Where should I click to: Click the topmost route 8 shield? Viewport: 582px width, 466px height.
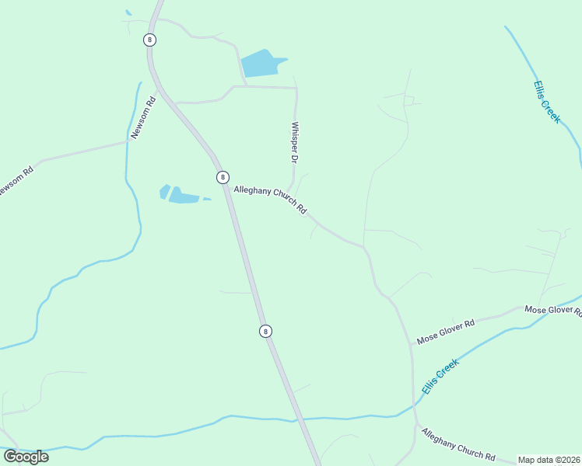tap(149, 40)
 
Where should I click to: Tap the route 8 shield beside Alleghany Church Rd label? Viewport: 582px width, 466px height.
tap(223, 177)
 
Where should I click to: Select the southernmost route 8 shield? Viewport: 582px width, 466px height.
tap(265, 331)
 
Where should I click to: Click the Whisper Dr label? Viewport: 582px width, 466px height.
tap(295, 142)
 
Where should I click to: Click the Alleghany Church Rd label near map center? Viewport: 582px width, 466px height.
tap(271, 200)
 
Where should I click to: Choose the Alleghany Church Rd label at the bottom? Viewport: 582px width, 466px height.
tap(458, 443)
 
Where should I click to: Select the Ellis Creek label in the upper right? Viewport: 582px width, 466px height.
tap(547, 102)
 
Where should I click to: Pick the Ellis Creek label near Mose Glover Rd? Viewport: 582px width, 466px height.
tap(440, 377)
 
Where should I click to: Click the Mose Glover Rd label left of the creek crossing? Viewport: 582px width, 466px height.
tap(445, 332)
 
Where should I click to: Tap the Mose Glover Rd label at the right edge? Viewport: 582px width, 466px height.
tap(553, 310)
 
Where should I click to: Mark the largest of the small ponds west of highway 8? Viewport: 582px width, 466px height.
tap(184, 196)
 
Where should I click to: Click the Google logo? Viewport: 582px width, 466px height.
tap(26, 457)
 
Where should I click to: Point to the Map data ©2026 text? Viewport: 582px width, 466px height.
tap(549, 460)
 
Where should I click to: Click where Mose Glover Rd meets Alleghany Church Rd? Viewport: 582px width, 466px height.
tap(411, 344)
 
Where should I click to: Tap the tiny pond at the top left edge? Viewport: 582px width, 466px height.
tap(128, 12)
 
